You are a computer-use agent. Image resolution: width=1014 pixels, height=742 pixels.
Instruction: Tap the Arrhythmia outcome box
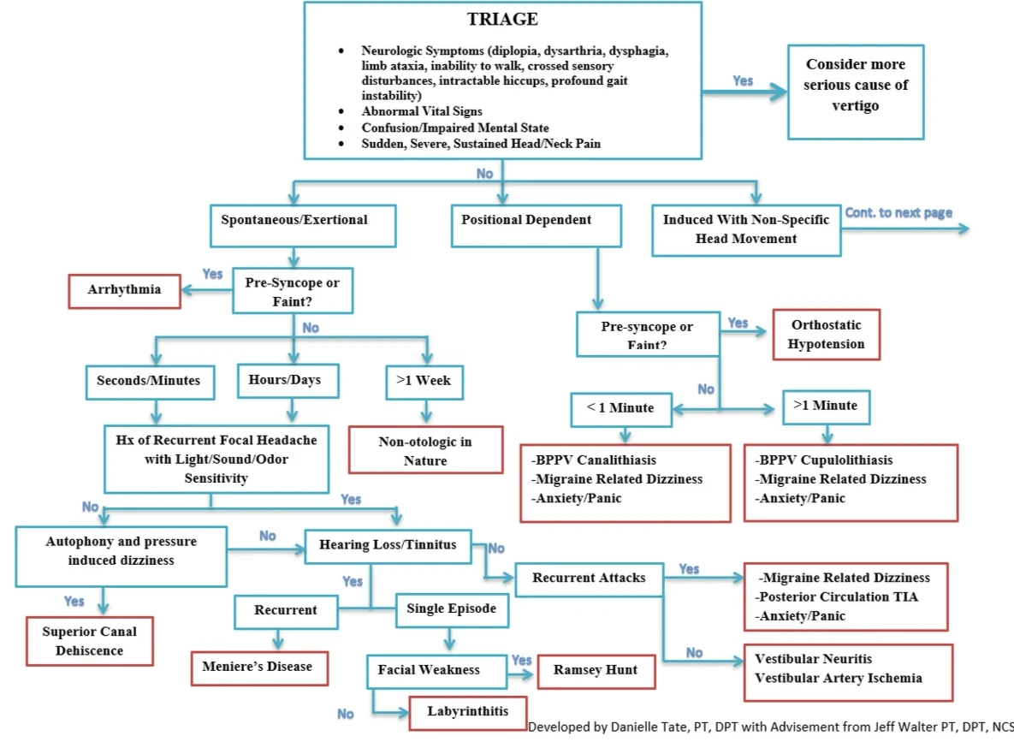tap(124, 290)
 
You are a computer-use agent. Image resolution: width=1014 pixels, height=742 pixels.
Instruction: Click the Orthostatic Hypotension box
tap(826, 335)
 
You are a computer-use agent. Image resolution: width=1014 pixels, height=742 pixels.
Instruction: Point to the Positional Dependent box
tap(526, 221)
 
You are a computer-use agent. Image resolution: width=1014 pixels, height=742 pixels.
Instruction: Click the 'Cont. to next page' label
tap(898, 213)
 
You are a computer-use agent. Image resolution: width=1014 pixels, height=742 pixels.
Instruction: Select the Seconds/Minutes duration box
tap(149, 381)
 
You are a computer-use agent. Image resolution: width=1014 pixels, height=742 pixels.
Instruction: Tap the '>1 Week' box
tap(424, 382)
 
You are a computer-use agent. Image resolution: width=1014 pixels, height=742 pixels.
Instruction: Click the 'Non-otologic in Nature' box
tap(425, 451)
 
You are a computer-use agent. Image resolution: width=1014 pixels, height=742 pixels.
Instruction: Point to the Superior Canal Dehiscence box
tap(89, 641)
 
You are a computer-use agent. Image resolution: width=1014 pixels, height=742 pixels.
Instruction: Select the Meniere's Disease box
tap(258, 667)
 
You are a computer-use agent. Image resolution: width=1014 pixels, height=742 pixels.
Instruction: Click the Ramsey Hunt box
tap(596, 670)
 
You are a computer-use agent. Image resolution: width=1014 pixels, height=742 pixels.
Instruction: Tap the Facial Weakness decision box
tap(429, 670)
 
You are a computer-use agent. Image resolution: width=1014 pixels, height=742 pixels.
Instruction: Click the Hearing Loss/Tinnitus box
tap(388, 544)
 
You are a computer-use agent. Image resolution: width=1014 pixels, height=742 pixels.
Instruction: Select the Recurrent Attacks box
tap(589, 579)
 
